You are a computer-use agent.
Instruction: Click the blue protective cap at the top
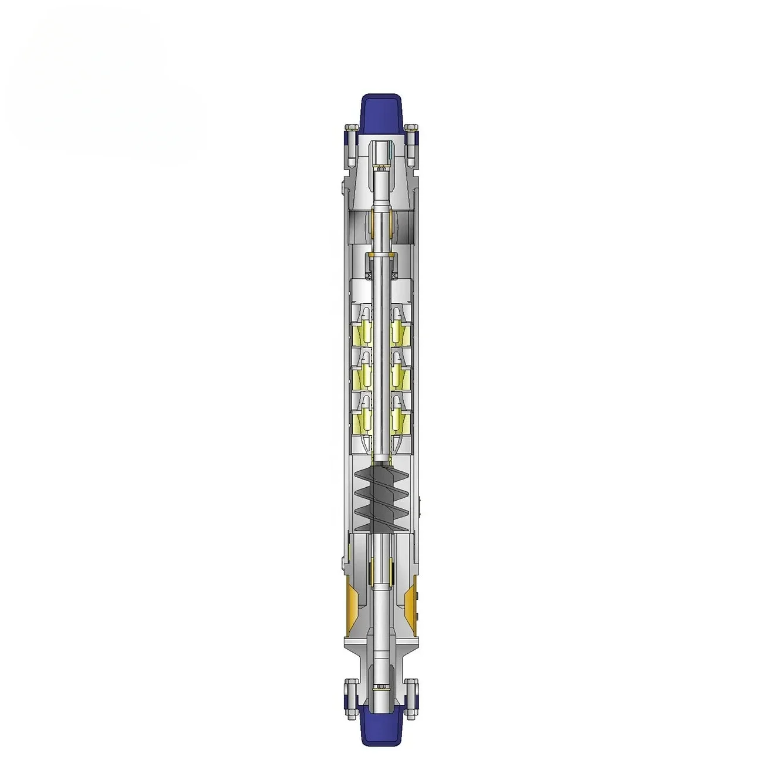pos(381,112)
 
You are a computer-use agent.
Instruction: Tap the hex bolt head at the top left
pos(351,127)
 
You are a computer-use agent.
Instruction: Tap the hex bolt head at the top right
pos(411,127)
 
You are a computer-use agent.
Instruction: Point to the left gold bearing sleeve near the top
pos(370,222)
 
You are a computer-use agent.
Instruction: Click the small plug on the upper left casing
pos(342,188)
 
